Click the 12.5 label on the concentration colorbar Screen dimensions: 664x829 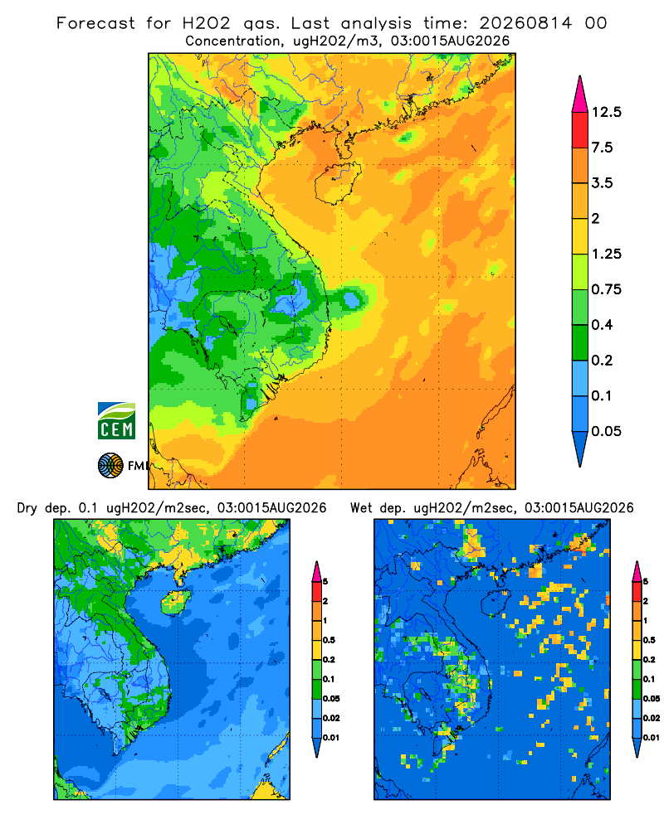coord(606,112)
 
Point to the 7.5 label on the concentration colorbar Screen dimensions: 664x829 coord(602,148)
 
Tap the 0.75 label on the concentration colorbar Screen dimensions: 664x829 coord(606,289)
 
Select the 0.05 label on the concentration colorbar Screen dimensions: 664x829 coord(606,431)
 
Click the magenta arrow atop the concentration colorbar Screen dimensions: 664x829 coord(580,95)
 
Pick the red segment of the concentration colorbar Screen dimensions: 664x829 coord(580,130)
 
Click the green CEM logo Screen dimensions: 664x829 coord(116,421)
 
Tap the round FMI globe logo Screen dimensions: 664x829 coord(110,465)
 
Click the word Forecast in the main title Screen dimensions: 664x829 coord(95,23)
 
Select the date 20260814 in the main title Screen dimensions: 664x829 coord(525,23)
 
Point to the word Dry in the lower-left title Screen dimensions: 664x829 coord(28,508)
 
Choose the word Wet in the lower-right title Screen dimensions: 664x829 coord(362,508)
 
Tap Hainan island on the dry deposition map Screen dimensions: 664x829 coord(175,602)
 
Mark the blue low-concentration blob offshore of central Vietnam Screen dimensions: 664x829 coord(351,300)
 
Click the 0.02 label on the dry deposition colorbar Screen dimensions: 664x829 coord(331,718)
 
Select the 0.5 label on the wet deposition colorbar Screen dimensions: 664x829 coord(648,640)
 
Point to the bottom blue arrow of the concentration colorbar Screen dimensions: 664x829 coord(580,448)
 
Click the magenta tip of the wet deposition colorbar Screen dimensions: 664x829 coord(637,571)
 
